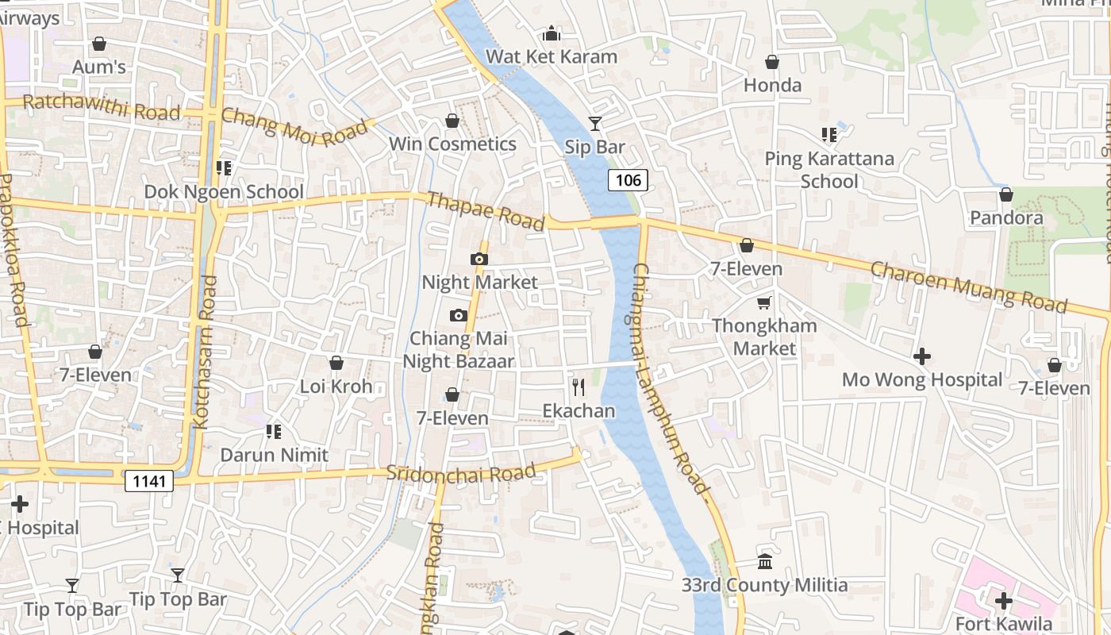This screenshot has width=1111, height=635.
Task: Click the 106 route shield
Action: click(628, 180)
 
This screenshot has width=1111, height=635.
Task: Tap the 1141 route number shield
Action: click(148, 480)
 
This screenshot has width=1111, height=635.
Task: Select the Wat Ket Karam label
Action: click(552, 56)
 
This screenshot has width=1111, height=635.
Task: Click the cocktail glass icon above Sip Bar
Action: click(595, 123)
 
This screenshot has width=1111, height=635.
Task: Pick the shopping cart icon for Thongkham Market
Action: click(764, 302)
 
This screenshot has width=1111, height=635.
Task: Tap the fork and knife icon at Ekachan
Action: click(579, 387)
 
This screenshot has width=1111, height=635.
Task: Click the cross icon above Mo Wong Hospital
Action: click(922, 356)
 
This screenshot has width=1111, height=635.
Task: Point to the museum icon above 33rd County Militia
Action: click(765, 562)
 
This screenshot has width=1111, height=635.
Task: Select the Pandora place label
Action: click(1006, 217)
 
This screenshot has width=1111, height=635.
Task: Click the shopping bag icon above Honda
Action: click(772, 62)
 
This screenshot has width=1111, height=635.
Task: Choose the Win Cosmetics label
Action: click(452, 144)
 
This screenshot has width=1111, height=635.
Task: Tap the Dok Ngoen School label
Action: click(224, 191)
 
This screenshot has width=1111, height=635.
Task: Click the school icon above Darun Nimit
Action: click(274, 432)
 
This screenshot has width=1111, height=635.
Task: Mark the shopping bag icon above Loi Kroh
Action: click(336, 364)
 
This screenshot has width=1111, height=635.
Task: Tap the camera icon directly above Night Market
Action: click(479, 259)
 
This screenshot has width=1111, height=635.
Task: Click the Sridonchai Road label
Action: click(460, 473)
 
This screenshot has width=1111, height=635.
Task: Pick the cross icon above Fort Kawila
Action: click(1004, 600)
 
